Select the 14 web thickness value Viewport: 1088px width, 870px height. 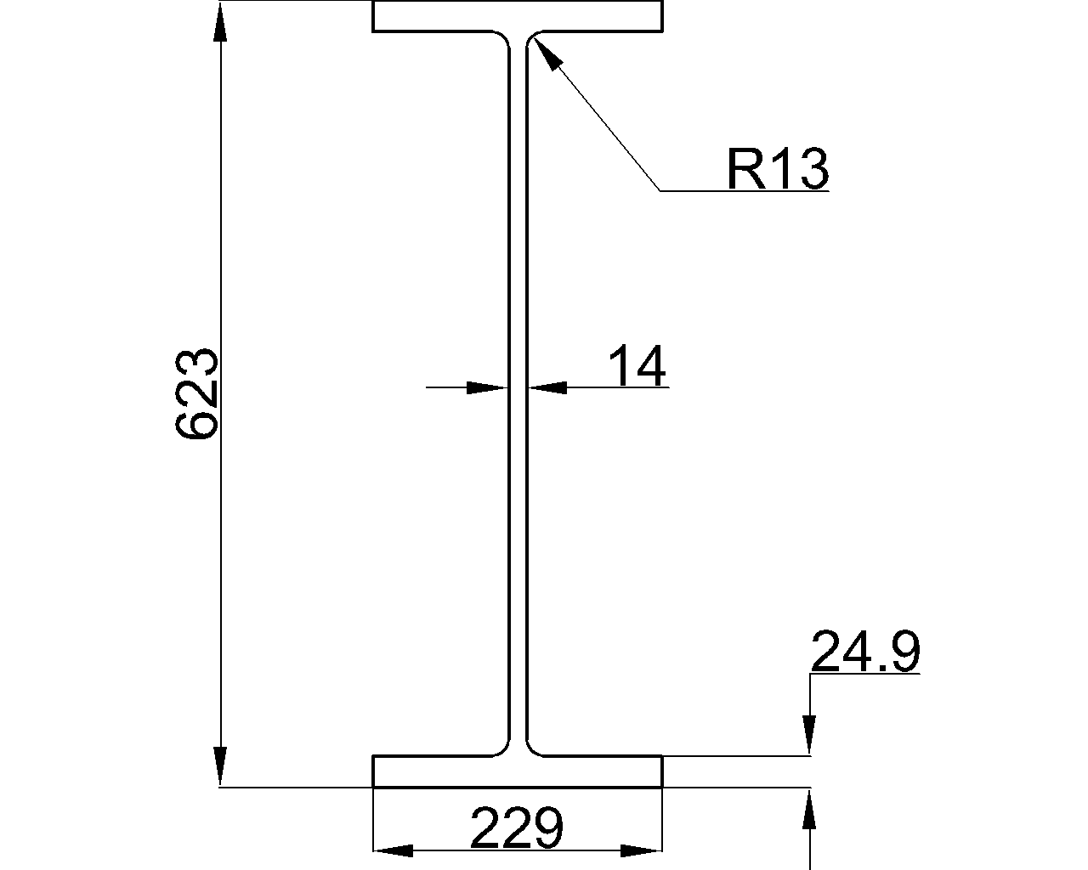[x=637, y=367]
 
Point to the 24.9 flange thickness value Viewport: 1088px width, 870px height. [x=865, y=652]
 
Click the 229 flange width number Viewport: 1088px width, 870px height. [x=517, y=828]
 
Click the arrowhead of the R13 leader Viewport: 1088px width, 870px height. [x=547, y=53]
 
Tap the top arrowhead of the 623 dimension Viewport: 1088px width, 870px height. [x=220, y=22]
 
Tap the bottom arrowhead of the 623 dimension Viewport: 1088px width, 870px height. [x=220, y=766]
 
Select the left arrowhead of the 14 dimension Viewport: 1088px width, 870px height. [x=488, y=387]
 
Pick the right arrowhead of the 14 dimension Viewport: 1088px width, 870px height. [x=547, y=387]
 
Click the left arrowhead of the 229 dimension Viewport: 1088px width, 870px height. [x=394, y=850]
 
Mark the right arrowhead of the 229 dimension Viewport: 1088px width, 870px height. [x=643, y=850]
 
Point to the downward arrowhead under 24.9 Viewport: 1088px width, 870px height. [x=810, y=735]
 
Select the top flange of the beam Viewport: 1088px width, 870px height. [x=517, y=16]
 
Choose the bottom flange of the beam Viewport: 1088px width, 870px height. [x=517, y=771]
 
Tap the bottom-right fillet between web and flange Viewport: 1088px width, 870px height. [x=532, y=749]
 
